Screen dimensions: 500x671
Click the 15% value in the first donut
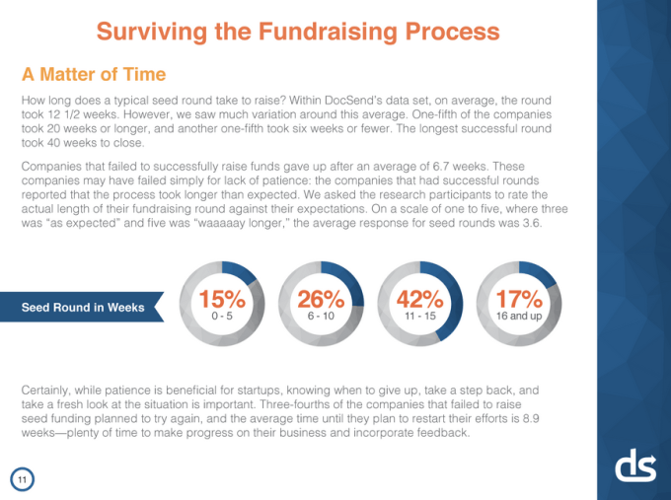click(x=222, y=298)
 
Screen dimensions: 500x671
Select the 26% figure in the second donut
click(x=321, y=298)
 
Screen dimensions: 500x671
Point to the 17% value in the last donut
click(x=519, y=298)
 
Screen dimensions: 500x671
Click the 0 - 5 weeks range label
click(x=222, y=316)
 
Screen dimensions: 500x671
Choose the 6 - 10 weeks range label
click(x=321, y=316)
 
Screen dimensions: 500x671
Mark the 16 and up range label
click(x=519, y=316)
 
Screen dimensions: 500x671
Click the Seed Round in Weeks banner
click(x=83, y=308)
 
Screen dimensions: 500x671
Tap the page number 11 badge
click(x=22, y=479)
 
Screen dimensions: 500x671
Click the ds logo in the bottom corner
click(x=635, y=466)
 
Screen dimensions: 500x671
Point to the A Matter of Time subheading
click(x=93, y=75)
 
